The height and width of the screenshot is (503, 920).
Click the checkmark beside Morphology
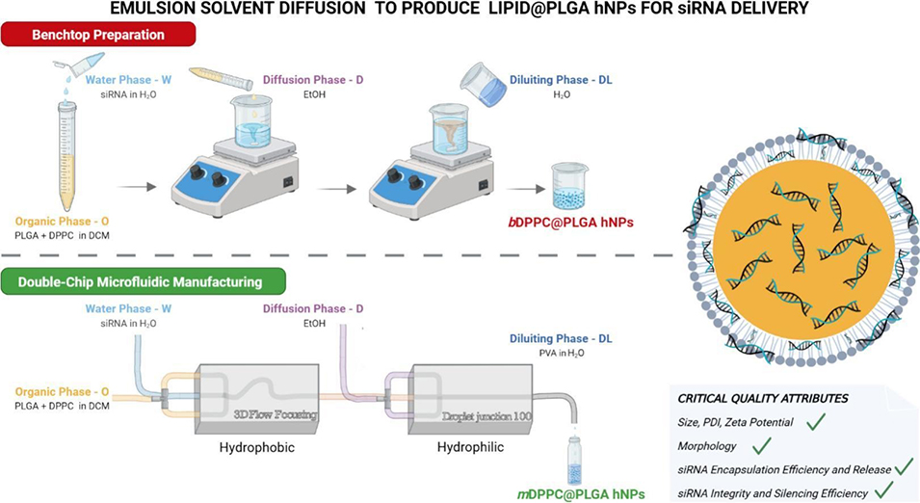click(x=762, y=445)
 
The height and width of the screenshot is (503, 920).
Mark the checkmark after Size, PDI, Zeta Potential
click(x=816, y=420)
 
